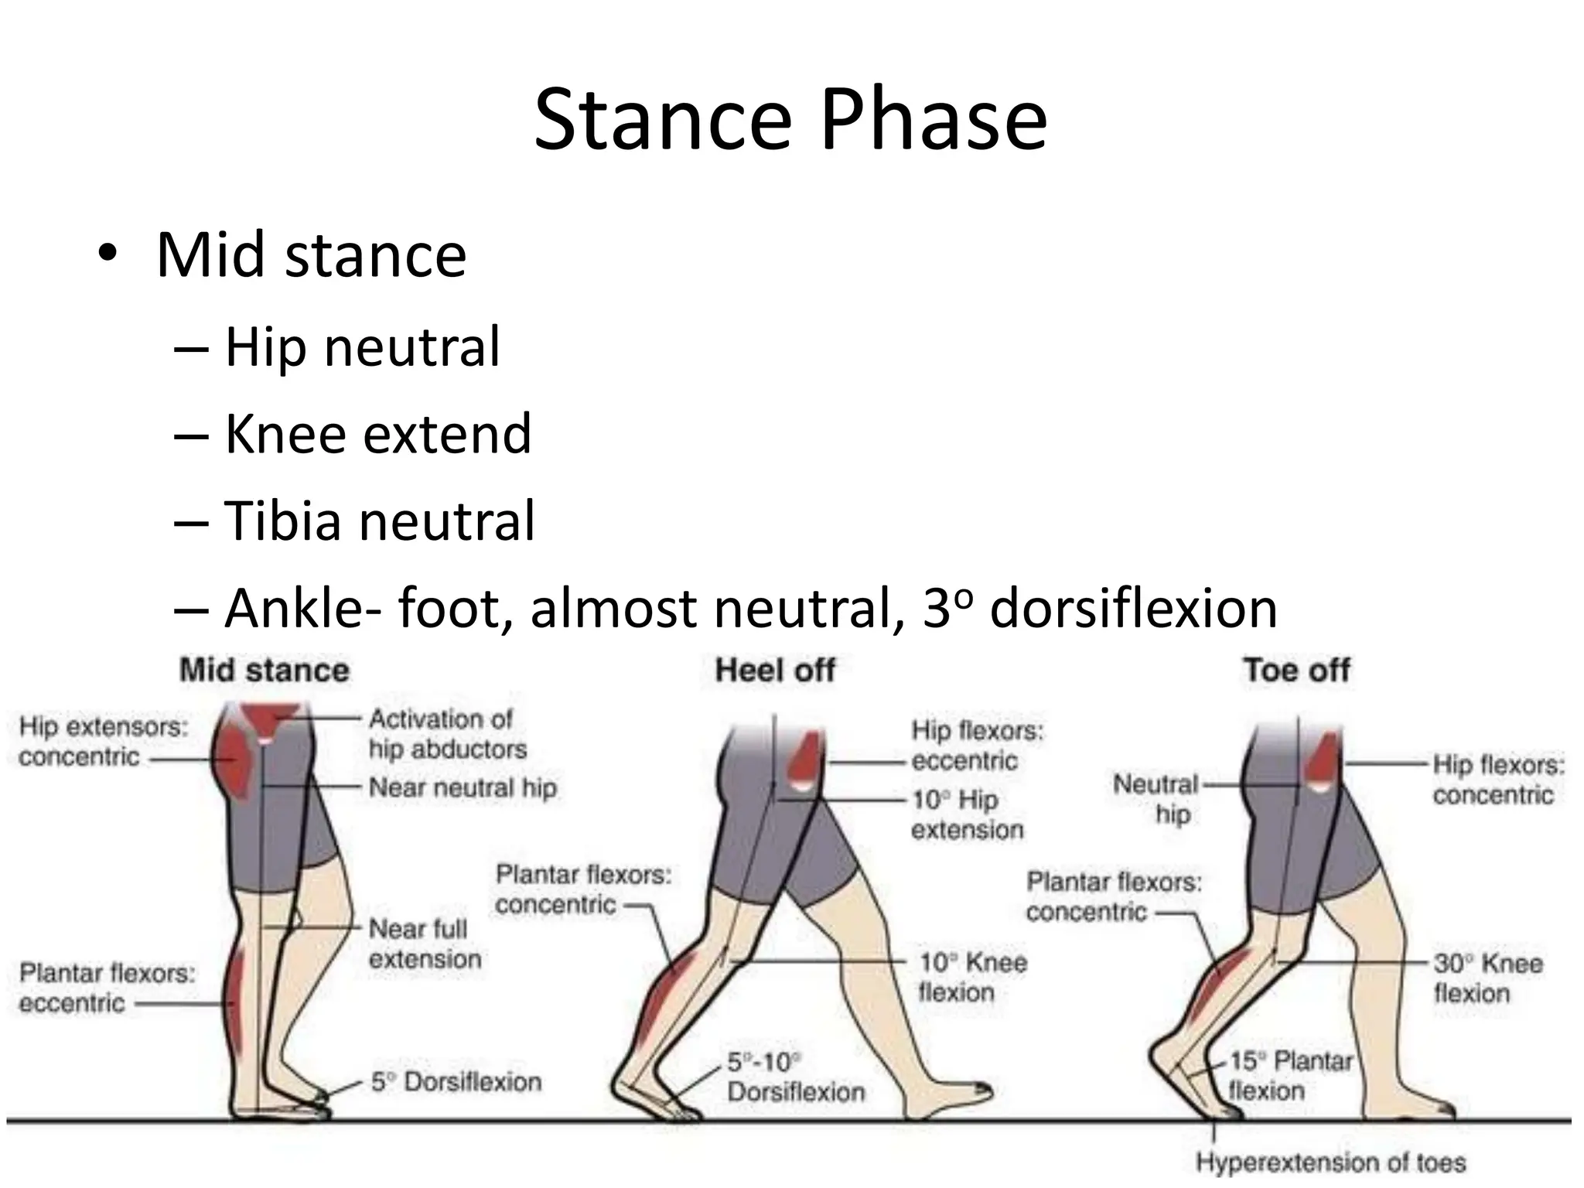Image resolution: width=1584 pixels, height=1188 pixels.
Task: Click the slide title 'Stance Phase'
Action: pyautogui.click(x=790, y=120)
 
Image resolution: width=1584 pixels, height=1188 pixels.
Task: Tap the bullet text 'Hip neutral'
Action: pyautogui.click(x=362, y=346)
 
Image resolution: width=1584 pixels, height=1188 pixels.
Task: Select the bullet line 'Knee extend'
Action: pyautogui.click(x=377, y=433)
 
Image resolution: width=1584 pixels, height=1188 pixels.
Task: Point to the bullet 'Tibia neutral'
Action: pyautogui.click(x=379, y=520)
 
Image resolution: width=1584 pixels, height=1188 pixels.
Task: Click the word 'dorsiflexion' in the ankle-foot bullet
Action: pyautogui.click(x=1133, y=608)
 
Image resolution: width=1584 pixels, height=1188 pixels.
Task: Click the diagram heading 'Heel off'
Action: pyautogui.click(x=775, y=670)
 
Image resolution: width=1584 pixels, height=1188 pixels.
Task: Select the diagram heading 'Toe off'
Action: pyautogui.click(x=1296, y=670)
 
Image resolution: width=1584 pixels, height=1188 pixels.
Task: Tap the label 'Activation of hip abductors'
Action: pyautogui.click(x=447, y=734)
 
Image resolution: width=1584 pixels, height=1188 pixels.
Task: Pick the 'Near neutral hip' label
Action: pyautogui.click(x=463, y=787)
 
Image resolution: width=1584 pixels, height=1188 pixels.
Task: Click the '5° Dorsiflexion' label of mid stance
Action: pyautogui.click(x=456, y=1081)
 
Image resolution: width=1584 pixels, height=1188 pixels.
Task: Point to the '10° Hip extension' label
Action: pyautogui.click(x=967, y=814)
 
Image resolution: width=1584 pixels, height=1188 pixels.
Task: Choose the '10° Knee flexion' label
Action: pyautogui.click(x=972, y=977)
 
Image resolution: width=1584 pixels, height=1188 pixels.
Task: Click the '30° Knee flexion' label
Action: pyautogui.click(x=1487, y=978)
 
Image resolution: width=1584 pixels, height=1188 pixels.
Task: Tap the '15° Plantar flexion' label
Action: pyautogui.click(x=1289, y=1075)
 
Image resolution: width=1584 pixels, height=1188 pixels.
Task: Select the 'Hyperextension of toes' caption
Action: pyautogui.click(x=1330, y=1162)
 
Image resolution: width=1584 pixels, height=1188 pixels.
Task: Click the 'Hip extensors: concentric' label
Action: pyautogui.click(x=103, y=742)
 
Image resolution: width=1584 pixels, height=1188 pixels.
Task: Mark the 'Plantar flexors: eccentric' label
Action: pyautogui.click(x=107, y=988)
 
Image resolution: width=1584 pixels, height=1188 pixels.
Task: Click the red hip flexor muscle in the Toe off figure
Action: pyautogui.click(x=1322, y=760)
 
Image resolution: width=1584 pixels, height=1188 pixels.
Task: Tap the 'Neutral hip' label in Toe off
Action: pyautogui.click(x=1156, y=798)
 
